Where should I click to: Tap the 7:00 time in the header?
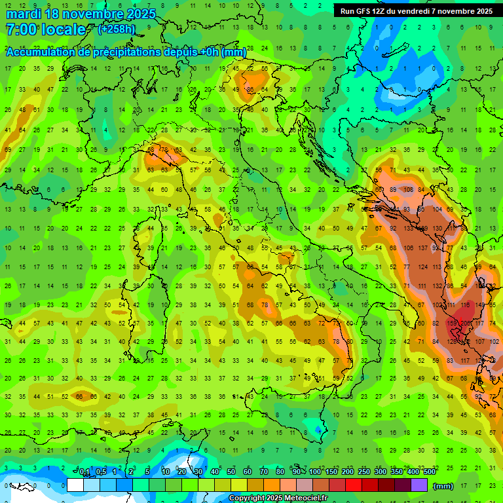pyautogui.click(x=20, y=29)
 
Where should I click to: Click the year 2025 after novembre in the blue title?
pyautogui.click(x=140, y=14)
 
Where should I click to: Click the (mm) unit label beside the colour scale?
pyautogui.click(x=443, y=485)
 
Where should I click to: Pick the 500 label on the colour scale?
pyautogui.click(x=429, y=472)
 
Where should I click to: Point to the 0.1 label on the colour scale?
pyautogui.click(x=84, y=472)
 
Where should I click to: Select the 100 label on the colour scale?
pyautogui.click(x=315, y=472)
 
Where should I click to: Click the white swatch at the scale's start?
pyautogui.click(x=75, y=485)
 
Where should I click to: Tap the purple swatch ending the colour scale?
pyautogui.click(x=419, y=485)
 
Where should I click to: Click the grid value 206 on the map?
pyautogui.click(x=466, y=324)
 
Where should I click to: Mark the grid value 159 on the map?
pyautogui.click(x=452, y=324)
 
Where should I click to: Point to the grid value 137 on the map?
pyautogui.click(x=423, y=248)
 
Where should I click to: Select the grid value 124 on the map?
pyautogui.click(x=423, y=267)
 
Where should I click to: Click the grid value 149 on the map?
pyautogui.click(x=481, y=305)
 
